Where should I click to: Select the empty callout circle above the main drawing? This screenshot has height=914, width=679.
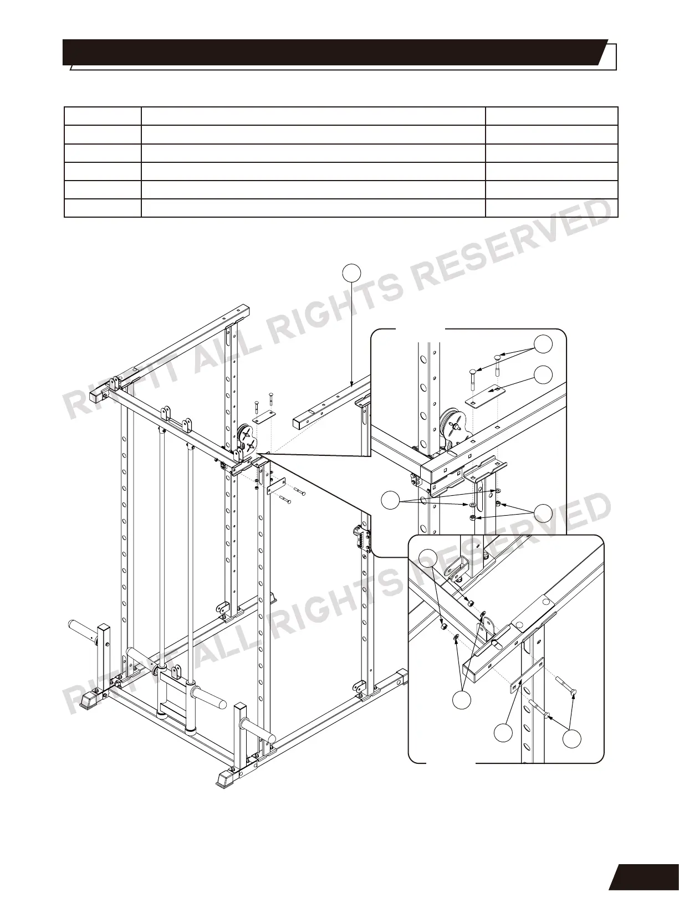[351, 272]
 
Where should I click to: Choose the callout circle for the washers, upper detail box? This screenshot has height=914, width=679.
[391, 501]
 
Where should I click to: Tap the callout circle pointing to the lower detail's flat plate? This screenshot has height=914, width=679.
[503, 732]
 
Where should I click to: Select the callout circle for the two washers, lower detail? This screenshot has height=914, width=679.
[461, 700]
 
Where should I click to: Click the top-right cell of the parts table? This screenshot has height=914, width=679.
[552, 116]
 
